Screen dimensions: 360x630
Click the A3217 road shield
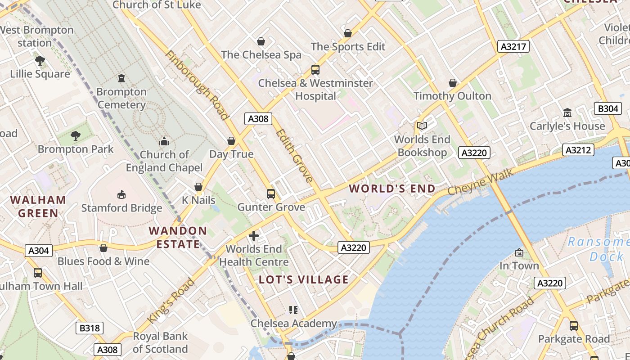click(x=513, y=46)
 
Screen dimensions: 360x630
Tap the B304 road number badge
click(x=608, y=108)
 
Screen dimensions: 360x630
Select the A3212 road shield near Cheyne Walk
click(x=578, y=150)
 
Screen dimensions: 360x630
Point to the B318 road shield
click(x=89, y=328)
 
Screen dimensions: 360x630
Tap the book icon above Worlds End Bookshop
click(x=422, y=126)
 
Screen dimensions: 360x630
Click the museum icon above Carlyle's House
click(x=567, y=112)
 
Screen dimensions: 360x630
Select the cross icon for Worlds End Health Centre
click(x=254, y=235)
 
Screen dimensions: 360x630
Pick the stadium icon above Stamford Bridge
click(x=121, y=194)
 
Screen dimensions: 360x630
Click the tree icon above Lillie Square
click(x=40, y=60)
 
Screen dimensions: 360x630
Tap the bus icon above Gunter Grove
click(x=271, y=194)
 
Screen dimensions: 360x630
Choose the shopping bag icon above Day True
click(x=231, y=141)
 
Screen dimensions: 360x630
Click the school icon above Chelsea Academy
click(x=293, y=310)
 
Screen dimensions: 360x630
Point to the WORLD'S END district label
click(x=392, y=189)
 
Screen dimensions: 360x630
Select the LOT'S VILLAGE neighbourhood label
click(x=304, y=279)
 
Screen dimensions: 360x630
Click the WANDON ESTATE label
click(x=178, y=237)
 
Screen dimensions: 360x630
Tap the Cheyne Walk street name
click(x=480, y=182)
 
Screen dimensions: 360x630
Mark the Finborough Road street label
click(x=196, y=85)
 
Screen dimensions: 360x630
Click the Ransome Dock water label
click(x=598, y=249)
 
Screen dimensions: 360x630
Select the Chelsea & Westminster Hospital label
click(x=315, y=90)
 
